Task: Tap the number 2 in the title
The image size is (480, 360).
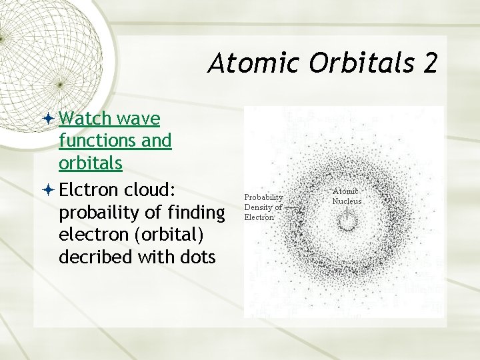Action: pos(429,63)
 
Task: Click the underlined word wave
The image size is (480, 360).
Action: pos(138,119)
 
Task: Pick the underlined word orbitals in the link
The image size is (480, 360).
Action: pos(91,163)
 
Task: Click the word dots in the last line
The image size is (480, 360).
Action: pos(197,257)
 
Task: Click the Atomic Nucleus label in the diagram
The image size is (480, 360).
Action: pos(347,196)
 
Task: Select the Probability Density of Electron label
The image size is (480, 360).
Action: pos(263,207)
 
